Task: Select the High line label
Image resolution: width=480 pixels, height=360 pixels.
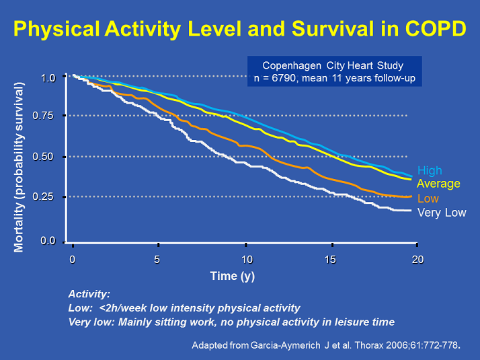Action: pos(430,171)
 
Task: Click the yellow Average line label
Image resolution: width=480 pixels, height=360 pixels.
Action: pos(438,184)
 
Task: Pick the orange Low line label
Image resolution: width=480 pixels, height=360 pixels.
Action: pos(428,199)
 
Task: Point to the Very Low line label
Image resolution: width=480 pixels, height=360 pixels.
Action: pos(442,213)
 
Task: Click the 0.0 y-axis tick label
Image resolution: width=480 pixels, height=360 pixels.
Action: pos(46,240)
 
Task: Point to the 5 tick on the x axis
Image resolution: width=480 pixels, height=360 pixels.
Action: pos(157,260)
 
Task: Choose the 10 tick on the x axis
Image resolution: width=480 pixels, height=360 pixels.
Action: pos(247,260)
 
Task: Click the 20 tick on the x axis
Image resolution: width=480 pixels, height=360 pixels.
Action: pos(417,260)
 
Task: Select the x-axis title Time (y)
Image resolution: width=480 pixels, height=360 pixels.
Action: pos(232,276)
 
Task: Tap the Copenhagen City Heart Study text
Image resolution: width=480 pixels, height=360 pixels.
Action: pos(333,66)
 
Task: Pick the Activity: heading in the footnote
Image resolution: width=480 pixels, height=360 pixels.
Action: pos(89,294)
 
